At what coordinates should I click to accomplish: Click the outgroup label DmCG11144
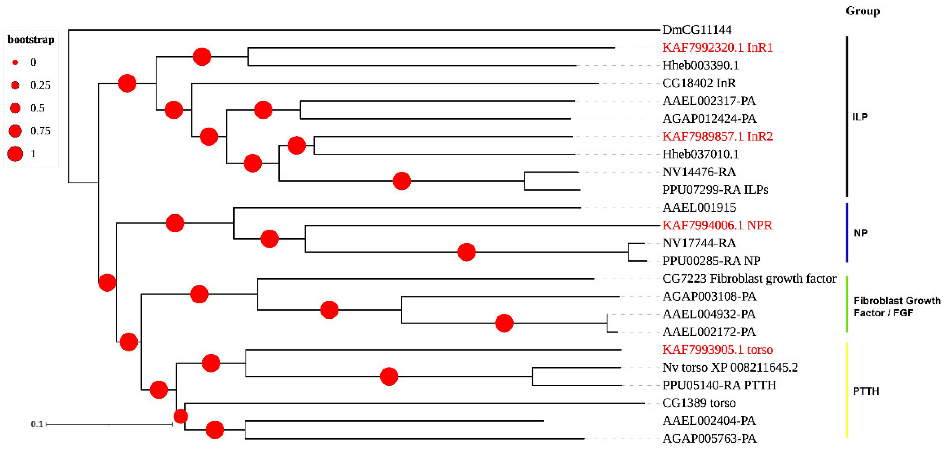(x=697, y=30)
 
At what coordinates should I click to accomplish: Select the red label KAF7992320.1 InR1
(x=717, y=47)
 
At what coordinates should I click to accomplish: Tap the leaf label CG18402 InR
(x=699, y=83)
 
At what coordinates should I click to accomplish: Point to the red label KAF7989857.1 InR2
(x=717, y=136)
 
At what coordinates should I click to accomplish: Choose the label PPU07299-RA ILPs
(x=715, y=190)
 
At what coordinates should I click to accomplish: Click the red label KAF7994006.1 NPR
(x=717, y=225)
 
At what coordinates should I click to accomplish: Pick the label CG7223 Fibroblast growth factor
(x=749, y=279)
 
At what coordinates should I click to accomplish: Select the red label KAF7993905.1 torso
(x=717, y=349)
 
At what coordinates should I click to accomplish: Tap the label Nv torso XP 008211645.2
(x=730, y=367)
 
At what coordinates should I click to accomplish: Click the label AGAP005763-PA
(x=709, y=438)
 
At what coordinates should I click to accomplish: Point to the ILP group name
(x=860, y=117)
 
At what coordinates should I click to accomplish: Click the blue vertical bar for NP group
(x=847, y=233)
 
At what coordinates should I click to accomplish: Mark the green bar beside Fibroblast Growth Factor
(x=847, y=304)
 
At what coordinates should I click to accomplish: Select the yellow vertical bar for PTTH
(x=847, y=390)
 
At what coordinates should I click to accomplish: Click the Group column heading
(x=863, y=11)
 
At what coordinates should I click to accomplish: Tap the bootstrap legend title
(x=31, y=40)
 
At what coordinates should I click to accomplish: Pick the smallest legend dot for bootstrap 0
(x=15, y=62)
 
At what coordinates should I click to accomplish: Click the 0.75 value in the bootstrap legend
(x=40, y=131)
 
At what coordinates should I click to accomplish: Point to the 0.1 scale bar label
(x=37, y=424)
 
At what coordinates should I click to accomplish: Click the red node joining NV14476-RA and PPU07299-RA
(x=401, y=181)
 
